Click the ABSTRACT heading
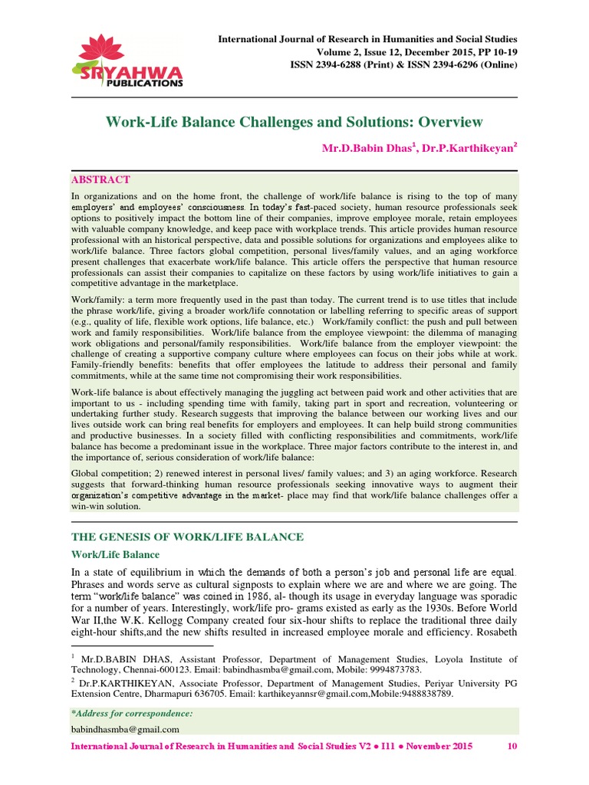pyautogui.click(x=100, y=179)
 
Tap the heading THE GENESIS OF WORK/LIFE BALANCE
pyautogui.click(x=187, y=537)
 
